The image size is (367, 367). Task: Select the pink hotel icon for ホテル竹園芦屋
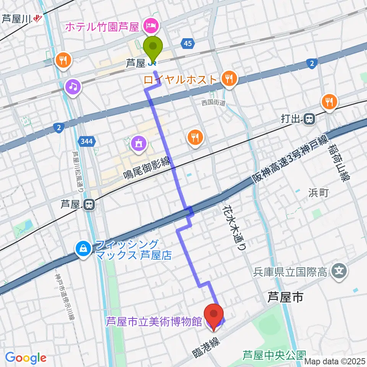(148, 26)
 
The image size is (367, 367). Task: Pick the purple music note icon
(73, 87)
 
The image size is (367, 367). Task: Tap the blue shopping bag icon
(83, 249)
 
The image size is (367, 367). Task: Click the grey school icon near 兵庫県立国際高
(339, 272)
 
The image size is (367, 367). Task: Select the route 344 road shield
(86, 142)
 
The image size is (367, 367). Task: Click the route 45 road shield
(187, 44)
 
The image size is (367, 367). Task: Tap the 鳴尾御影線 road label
(147, 169)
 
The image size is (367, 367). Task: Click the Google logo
(26, 358)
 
